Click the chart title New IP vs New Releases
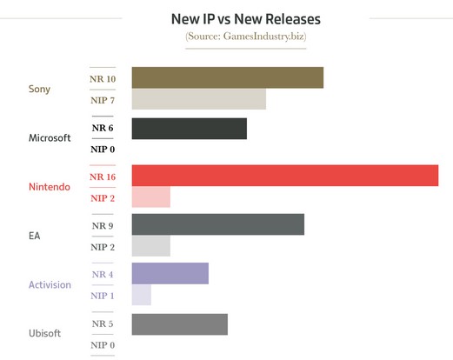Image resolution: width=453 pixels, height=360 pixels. [x=246, y=19]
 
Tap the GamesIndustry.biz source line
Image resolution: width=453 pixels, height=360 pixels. [x=246, y=37]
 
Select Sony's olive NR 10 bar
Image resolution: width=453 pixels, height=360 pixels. [x=228, y=77]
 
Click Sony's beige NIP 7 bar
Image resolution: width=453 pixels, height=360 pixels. [x=199, y=99]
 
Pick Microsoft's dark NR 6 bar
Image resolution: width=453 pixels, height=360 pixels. [x=190, y=129]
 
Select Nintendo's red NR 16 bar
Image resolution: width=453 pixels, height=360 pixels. [x=285, y=176]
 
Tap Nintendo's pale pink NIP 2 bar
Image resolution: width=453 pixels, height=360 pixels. [x=151, y=197]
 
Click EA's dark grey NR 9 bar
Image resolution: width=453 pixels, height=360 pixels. [x=218, y=224]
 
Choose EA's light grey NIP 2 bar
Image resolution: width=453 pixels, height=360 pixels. [x=151, y=246]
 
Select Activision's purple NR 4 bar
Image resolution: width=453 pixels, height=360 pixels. [x=170, y=273]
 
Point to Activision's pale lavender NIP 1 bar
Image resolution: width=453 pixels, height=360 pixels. [x=142, y=295]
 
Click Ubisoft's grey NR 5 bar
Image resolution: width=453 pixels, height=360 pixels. [x=180, y=324]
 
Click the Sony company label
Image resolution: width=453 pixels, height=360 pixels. [x=39, y=89]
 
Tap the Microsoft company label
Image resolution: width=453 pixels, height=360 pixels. [x=50, y=137]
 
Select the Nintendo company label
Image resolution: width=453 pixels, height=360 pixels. [x=50, y=187]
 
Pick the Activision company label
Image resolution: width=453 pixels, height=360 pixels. [x=50, y=284]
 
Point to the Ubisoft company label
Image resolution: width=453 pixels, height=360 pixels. [x=44, y=333]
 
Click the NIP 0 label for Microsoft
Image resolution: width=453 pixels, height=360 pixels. [x=103, y=150]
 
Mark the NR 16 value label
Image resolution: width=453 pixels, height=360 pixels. [x=103, y=177]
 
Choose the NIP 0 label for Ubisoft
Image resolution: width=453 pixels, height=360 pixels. [x=103, y=345]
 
